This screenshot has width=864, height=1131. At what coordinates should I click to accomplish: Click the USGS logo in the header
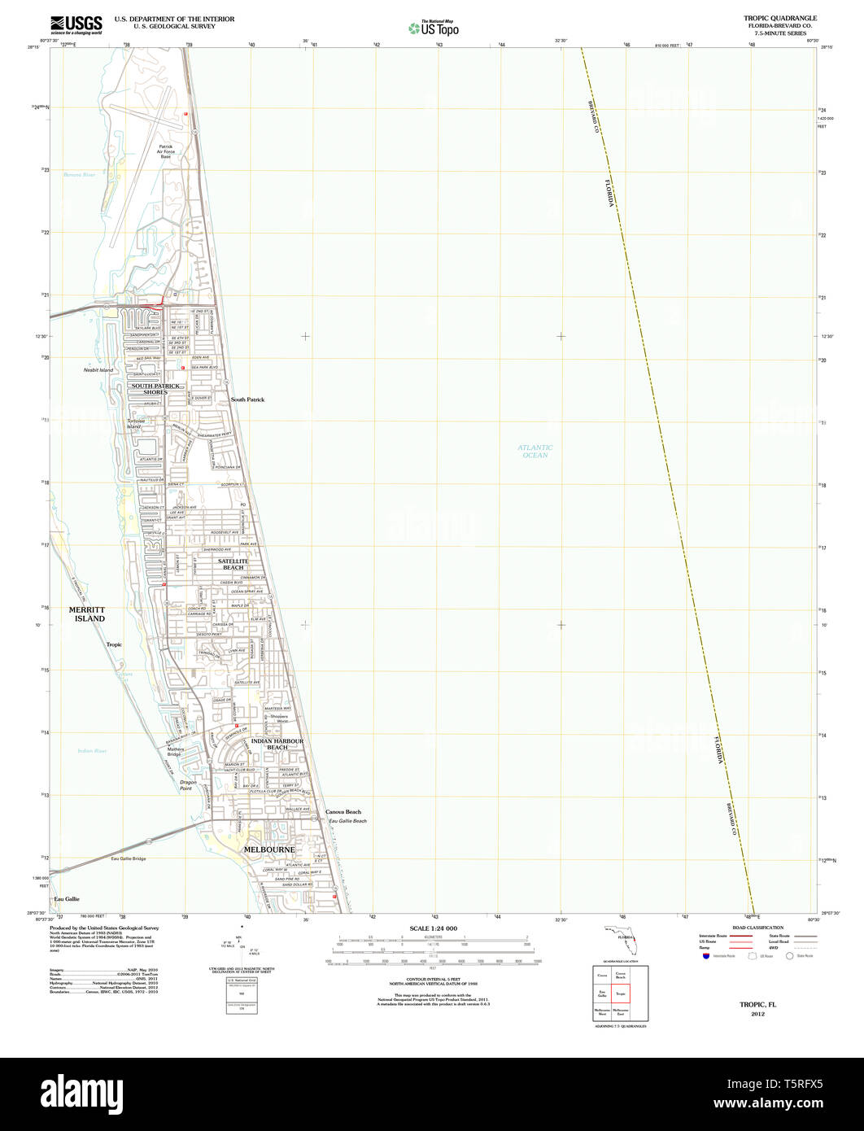[76, 24]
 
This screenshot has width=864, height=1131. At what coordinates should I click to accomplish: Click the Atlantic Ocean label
[535, 451]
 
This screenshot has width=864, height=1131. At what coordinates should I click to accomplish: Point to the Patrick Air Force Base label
[165, 151]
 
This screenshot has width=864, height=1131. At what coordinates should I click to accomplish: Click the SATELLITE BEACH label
[236, 564]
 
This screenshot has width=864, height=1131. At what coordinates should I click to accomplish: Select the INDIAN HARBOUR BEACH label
[277, 744]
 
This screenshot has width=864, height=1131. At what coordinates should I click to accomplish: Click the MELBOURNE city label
[269, 849]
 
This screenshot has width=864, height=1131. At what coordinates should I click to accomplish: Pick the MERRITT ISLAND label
[87, 614]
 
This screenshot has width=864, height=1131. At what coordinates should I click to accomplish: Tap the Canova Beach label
[343, 812]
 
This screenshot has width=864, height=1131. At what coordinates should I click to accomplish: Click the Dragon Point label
[188, 785]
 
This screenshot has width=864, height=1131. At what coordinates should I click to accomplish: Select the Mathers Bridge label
[175, 752]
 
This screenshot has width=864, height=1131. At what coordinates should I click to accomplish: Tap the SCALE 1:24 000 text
[433, 928]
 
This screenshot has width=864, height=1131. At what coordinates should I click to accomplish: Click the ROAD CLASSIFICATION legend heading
[757, 928]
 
